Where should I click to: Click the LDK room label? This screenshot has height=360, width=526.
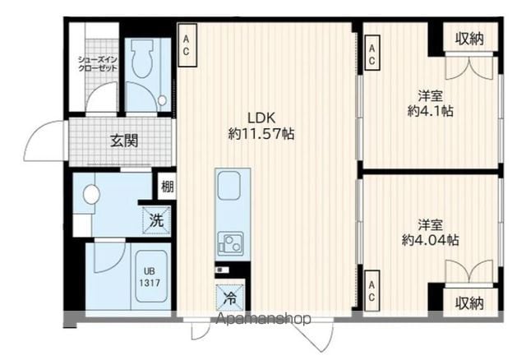click(x=261, y=118)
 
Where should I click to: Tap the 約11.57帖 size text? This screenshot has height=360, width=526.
click(x=261, y=134)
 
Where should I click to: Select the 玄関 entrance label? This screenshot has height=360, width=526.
click(x=124, y=141)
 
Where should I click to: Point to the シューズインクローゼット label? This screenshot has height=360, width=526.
click(x=98, y=64)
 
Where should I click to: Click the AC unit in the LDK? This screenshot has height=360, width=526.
click(x=187, y=45)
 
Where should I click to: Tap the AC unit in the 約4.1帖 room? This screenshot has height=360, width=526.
click(x=372, y=53)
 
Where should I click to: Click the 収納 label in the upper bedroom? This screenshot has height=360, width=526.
click(x=469, y=39)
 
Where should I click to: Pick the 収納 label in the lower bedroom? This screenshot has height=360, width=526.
click(x=469, y=303)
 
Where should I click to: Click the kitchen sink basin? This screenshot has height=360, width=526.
click(x=229, y=186)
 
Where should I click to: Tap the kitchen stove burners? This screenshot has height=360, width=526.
click(x=230, y=243)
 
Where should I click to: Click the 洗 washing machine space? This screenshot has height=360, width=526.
click(x=156, y=219)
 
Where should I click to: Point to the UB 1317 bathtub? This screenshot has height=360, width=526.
click(x=151, y=276)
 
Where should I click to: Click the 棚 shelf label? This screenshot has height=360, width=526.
click(x=168, y=187)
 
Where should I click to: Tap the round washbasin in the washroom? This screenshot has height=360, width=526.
click(x=91, y=195)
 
